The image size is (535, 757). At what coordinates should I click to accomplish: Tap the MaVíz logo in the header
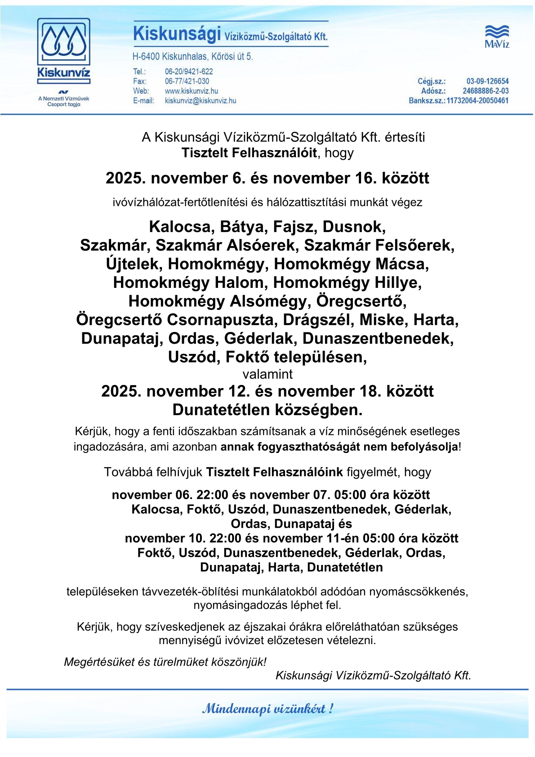pos(497,36)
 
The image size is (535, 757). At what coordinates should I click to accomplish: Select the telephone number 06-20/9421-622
pos(189,72)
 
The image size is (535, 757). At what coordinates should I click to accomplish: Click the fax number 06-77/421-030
pos(187,81)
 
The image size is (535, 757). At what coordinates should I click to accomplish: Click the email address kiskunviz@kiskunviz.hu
pos(201,101)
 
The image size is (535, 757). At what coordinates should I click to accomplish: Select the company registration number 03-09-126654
pos(487,81)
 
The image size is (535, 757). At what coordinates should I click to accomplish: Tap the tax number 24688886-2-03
pos(486,91)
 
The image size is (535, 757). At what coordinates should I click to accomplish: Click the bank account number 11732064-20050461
pos(477,100)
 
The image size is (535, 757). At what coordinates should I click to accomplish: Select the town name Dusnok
pos(354,227)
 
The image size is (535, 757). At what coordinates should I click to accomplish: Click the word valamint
pos(267,374)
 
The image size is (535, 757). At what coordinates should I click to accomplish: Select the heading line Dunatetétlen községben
pos(267,410)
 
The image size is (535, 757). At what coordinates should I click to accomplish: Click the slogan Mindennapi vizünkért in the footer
pos(267,709)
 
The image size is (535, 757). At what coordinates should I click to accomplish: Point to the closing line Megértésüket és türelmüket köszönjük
pos(165,662)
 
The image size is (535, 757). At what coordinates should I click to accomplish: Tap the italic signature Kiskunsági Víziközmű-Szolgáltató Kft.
pos(373,675)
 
